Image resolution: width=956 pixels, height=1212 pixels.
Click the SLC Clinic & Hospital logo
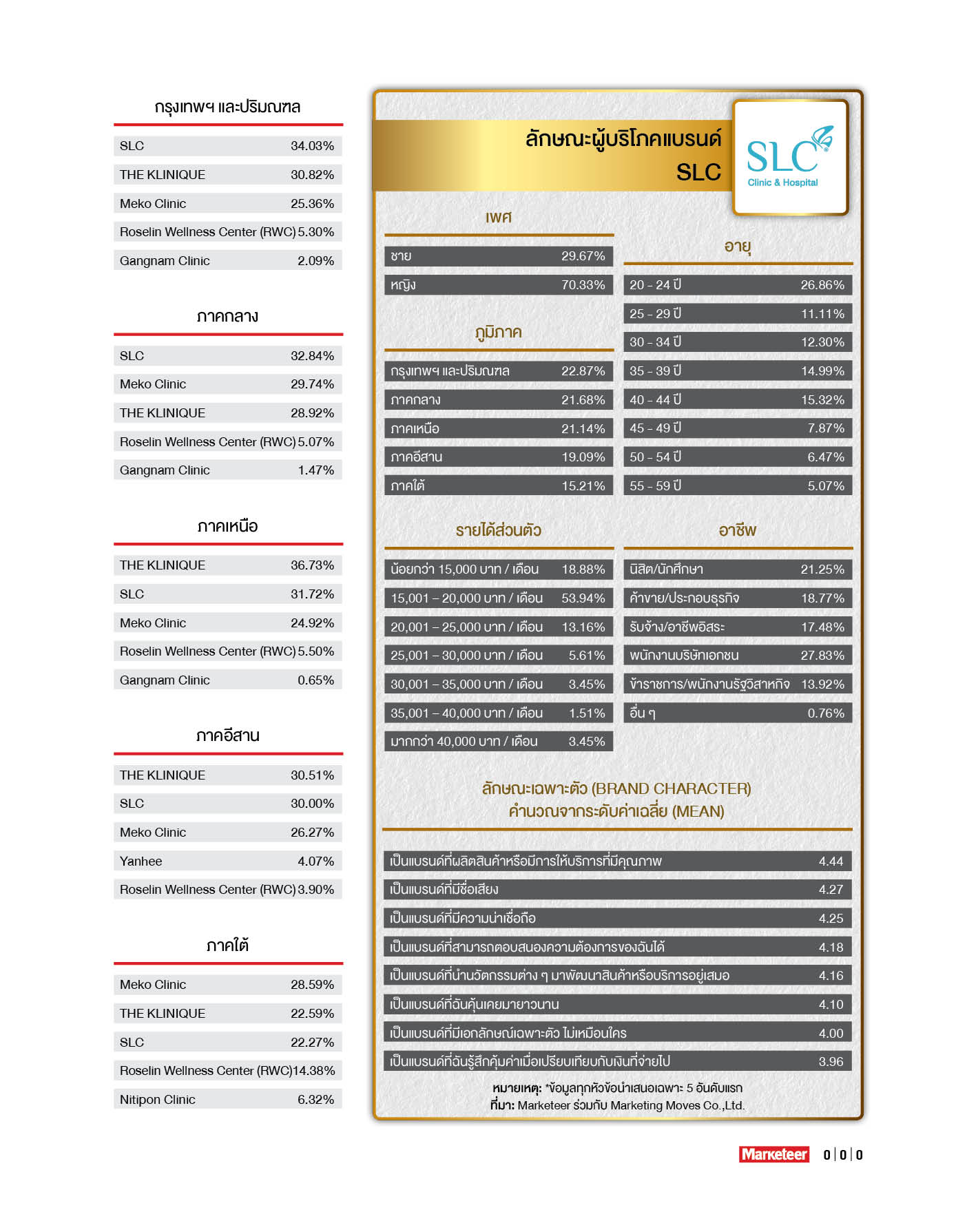click(789, 158)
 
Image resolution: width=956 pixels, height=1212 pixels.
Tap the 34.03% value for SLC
click(312, 146)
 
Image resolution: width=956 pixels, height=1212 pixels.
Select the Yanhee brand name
click(141, 861)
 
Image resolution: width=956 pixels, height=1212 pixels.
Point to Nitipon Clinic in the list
click(157, 1099)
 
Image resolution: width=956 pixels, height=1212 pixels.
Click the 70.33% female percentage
click(583, 285)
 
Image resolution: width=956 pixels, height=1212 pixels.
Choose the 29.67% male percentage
click(583, 256)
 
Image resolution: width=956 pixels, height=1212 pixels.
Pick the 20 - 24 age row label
click(655, 285)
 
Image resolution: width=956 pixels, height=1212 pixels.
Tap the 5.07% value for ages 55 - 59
click(826, 485)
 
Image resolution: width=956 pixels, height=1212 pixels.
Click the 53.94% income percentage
click(583, 598)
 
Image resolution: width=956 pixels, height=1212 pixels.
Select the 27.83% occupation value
click(822, 656)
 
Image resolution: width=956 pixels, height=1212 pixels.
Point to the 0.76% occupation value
click(826, 713)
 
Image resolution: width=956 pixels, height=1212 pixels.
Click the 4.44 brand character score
click(831, 861)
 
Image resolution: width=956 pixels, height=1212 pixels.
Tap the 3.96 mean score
click(831, 1062)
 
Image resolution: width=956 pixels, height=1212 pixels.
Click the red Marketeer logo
click(774, 1154)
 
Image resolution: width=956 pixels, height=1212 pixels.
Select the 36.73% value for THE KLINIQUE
click(312, 565)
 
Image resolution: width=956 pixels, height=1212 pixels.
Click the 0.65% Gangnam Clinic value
click(315, 680)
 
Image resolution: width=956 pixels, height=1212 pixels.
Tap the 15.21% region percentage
click(583, 485)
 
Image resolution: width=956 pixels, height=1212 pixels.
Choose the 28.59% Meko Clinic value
click(312, 985)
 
